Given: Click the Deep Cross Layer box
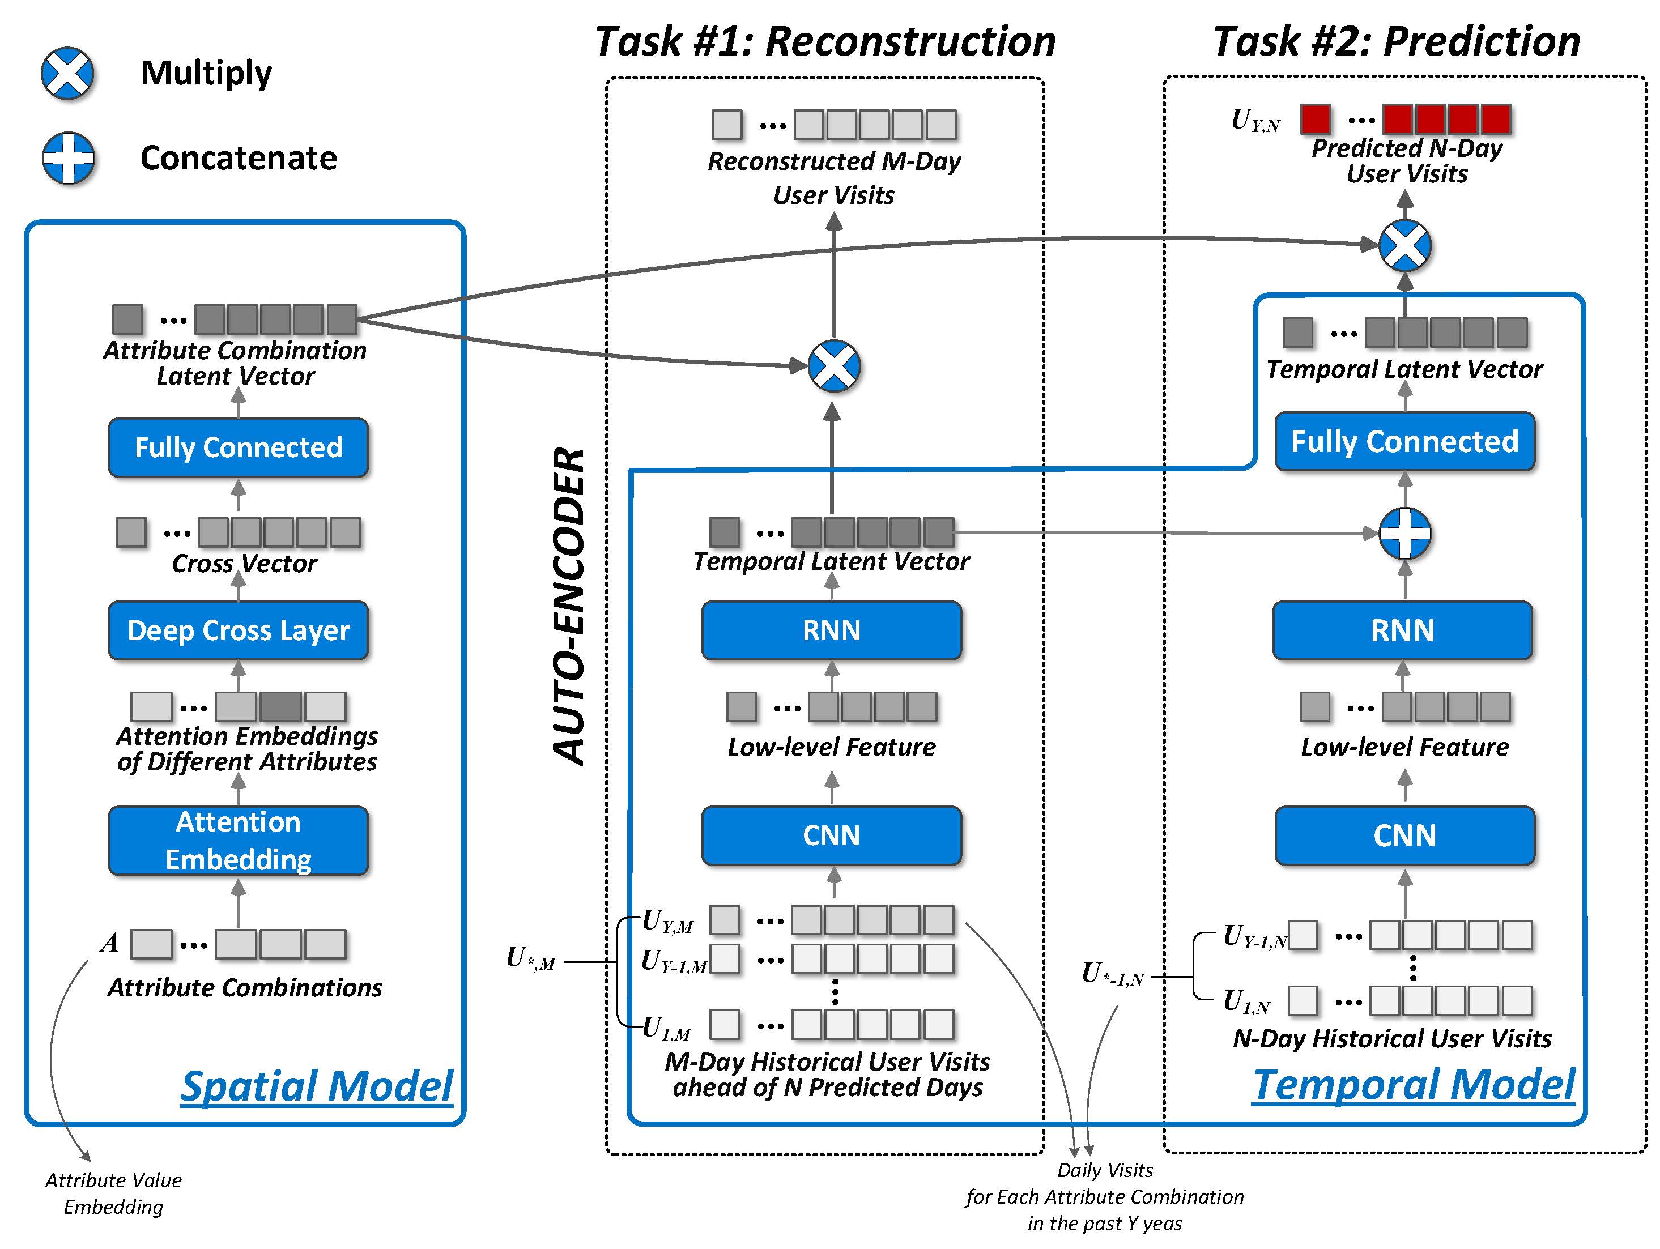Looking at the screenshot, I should pos(239,630).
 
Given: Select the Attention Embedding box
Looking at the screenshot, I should pos(239,840).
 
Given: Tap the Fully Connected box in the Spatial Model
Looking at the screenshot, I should pos(239,447).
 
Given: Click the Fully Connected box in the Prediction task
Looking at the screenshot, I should pos(1404,441).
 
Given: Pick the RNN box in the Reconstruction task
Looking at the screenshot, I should pos(832,630).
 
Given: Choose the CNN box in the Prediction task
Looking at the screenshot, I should pos(1404,835).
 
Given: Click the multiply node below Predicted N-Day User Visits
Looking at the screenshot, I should pos(1405,245).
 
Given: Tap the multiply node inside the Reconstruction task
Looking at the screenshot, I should pos(834,366).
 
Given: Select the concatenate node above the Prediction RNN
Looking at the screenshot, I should pos(1405,534).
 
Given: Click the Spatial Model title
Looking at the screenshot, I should pos(317,1085).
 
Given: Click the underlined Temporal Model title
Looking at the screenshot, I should pos(1414,1084).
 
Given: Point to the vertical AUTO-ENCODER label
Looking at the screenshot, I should pos(568,606).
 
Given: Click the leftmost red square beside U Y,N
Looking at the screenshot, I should pos(1316,118).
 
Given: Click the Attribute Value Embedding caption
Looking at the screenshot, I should pos(113,1193).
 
